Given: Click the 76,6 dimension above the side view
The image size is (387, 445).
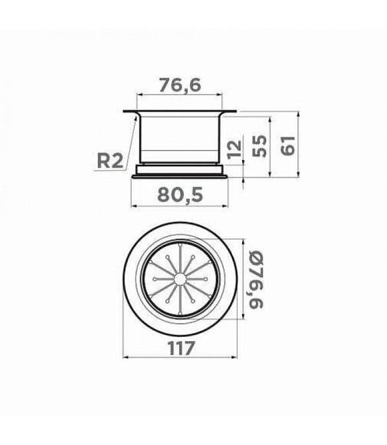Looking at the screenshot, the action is click(180, 85).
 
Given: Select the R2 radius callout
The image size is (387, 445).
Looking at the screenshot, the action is click(110, 161).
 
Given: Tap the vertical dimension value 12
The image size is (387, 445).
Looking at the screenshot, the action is click(235, 149).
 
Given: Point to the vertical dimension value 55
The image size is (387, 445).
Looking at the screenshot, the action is click(259, 146).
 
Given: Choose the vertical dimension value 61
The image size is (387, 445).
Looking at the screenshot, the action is click(288, 146).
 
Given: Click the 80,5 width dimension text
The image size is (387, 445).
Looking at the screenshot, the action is click(181, 195).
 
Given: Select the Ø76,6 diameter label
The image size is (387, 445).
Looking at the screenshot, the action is click(256, 279).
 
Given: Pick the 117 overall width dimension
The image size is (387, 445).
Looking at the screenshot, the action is click(181, 348).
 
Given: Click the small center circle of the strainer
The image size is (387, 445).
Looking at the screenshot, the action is click(179, 279).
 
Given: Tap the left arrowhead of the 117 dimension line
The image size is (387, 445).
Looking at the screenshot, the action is click(126, 357).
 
